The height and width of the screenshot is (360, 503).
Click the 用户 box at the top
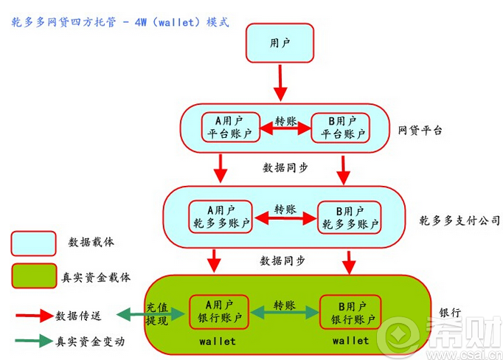click(280, 44)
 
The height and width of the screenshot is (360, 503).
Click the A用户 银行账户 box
click(218, 312)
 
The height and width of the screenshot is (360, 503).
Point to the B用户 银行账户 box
click(350, 312)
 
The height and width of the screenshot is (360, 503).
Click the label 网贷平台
click(420, 131)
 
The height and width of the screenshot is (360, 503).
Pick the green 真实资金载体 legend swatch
click(33, 276)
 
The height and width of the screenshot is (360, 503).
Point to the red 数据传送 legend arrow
click(32, 315)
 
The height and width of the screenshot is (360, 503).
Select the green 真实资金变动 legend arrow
click(32, 341)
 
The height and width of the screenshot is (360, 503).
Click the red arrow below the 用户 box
click(280, 83)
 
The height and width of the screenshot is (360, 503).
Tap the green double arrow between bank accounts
click(284, 314)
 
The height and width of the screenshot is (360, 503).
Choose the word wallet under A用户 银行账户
click(218, 341)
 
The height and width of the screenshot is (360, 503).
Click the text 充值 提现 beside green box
click(157, 314)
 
